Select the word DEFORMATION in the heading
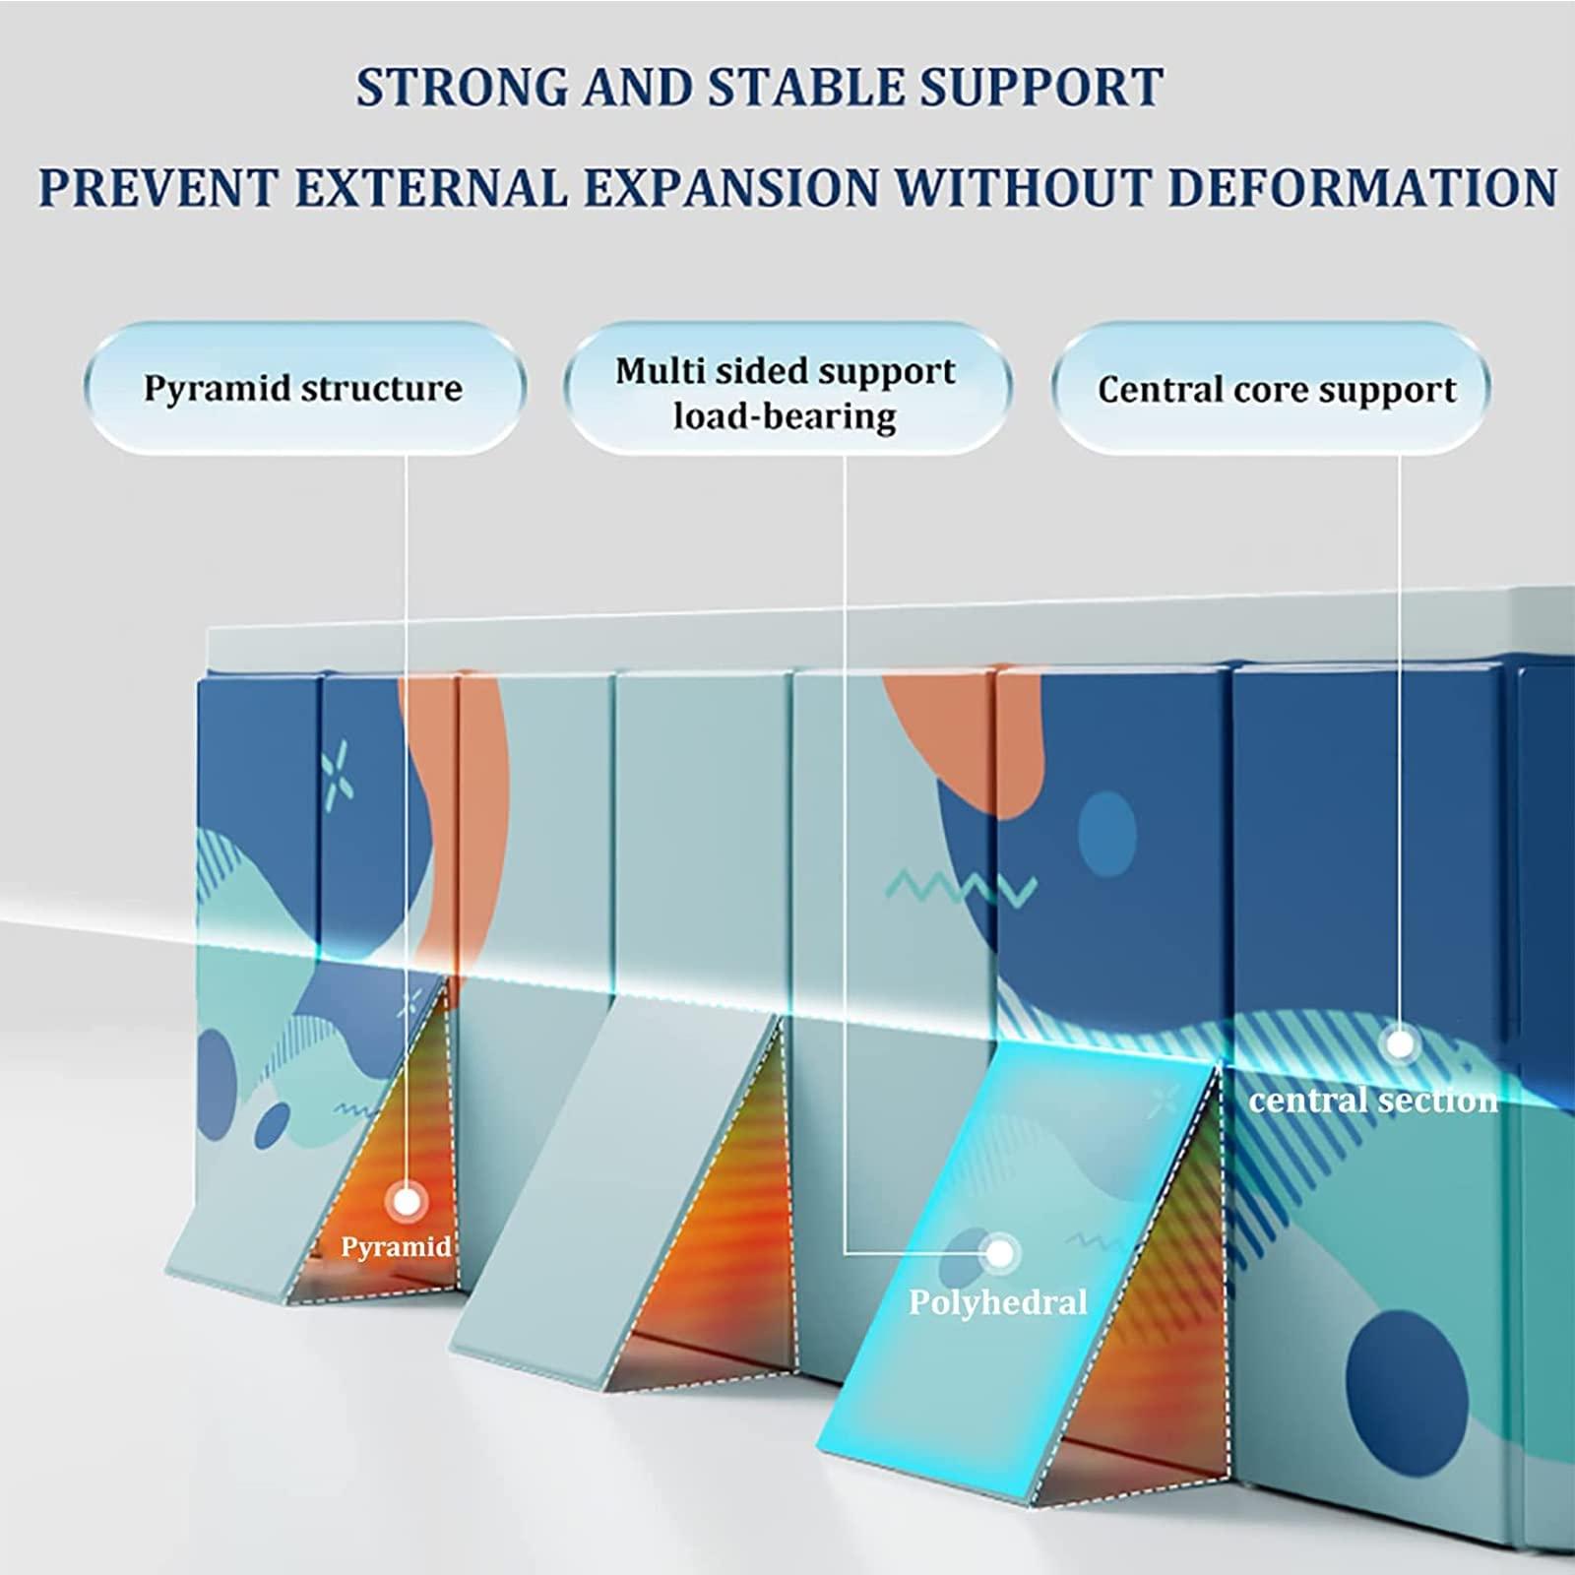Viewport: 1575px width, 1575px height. click(1361, 187)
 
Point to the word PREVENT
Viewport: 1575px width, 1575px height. click(157, 187)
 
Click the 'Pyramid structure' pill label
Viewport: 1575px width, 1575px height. click(303, 388)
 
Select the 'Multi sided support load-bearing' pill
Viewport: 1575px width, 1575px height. click(786, 393)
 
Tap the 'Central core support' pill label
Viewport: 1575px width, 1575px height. click(1276, 390)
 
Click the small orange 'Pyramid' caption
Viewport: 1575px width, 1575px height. click(396, 1247)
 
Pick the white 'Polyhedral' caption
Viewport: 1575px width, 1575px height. click(997, 1303)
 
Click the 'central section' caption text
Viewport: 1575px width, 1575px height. click(1373, 1100)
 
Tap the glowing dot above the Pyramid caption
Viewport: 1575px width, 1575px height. click(405, 1201)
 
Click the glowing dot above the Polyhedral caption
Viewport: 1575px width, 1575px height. click(999, 1253)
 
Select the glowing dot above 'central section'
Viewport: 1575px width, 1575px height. click(1399, 1042)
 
